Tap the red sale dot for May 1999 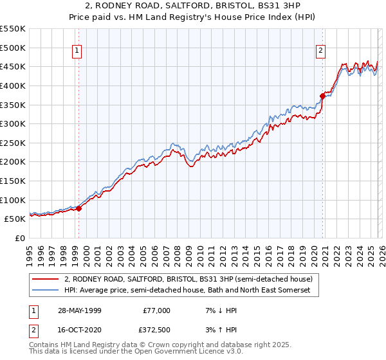pos(79,208)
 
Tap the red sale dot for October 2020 pos(322,96)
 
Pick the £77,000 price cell pos(156,310)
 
